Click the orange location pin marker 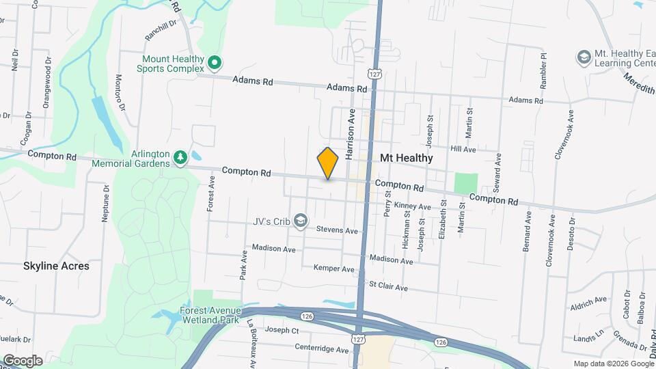pyautogui.click(x=328, y=163)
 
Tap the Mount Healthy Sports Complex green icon pyautogui.click(x=215, y=64)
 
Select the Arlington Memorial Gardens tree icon pyautogui.click(x=180, y=158)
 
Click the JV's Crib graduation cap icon pyautogui.click(x=302, y=221)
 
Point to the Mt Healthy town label pyautogui.click(x=406, y=158)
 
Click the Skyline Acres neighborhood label pyautogui.click(x=56, y=266)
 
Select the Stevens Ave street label pyautogui.click(x=342, y=231)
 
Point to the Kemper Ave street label pyautogui.click(x=334, y=269)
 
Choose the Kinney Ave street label pyautogui.click(x=413, y=206)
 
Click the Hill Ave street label pyautogui.click(x=463, y=148)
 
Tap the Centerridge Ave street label pyautogui.click(x=321, y=349)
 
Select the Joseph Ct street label pyautogui.click(x=282, y=331)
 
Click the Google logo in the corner pyautogui.click(x=23, y=360)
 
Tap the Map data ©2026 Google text pyautogui.click(x=613, y=364)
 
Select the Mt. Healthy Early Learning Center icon pyautogui.click(x=584, y=55)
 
